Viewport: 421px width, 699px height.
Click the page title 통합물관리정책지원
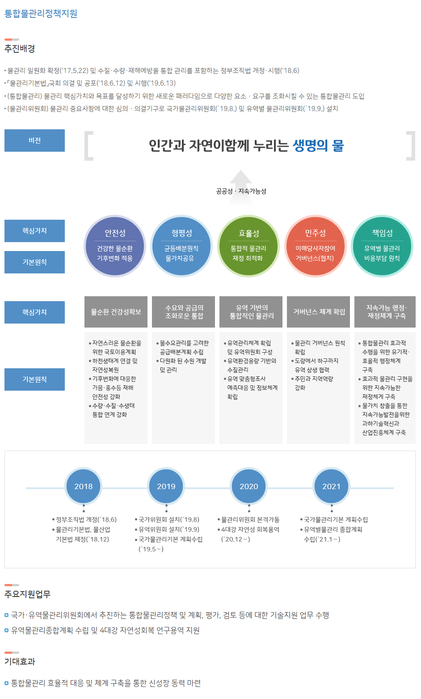pos(41,13)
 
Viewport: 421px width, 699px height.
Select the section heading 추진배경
pos(20,48)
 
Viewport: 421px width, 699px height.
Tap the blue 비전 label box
pos(34,141)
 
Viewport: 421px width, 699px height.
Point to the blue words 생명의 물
pos(318,145)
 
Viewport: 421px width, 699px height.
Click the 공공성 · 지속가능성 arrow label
pos(241,191)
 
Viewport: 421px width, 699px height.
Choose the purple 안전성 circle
pos(115,246)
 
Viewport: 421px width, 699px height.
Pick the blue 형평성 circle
pos(181,246)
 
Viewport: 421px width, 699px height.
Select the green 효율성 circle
pos(248,246)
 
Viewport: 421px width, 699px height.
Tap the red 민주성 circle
pos(315,246)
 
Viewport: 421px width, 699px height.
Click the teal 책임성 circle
pos(382,246)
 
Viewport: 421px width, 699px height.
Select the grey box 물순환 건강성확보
pos(116,312)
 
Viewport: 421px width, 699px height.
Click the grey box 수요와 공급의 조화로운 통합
pos(184,312)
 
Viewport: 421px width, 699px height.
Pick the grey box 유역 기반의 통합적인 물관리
pos(251,312)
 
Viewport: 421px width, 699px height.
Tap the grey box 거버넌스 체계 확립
pos(319,312)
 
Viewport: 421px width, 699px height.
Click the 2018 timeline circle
pos(84,486)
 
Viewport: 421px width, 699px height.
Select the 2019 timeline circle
pos(166,486)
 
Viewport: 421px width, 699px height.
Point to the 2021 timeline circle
pos(331,486)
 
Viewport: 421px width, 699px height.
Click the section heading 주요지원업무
pos(27,594)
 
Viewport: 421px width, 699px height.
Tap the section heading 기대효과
pos(20,661)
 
